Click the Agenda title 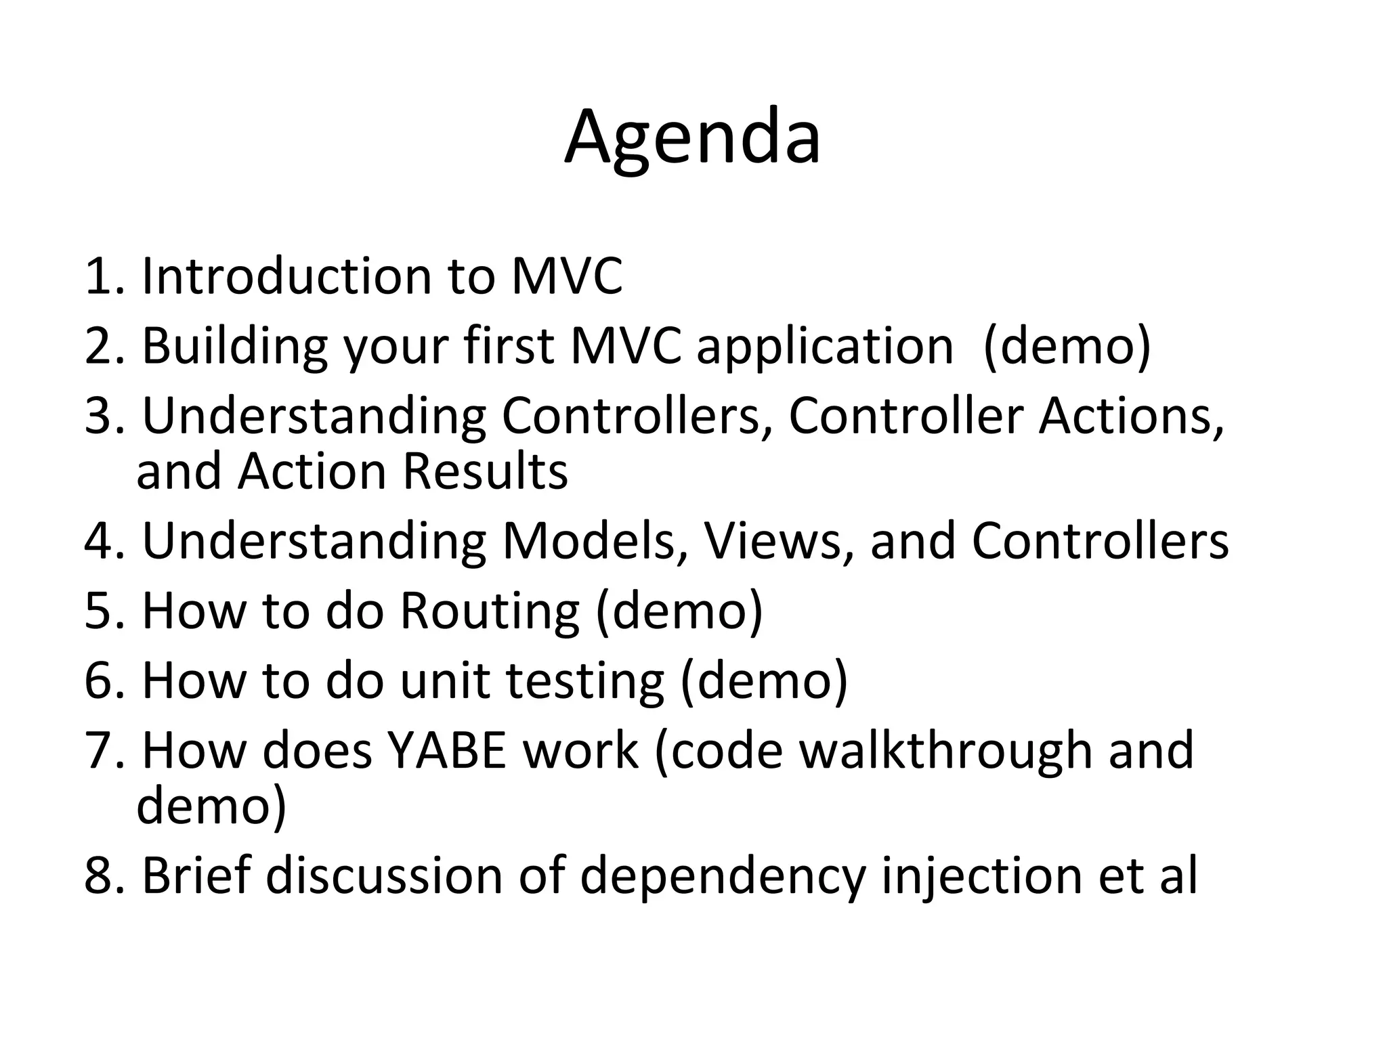point(692,139)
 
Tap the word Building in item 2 point(234,346)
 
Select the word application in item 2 point(825,346)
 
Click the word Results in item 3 point(485,471)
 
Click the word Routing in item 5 point(489,611)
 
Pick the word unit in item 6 point(444,680)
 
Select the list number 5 point(102,611)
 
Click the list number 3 point(102,416)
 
